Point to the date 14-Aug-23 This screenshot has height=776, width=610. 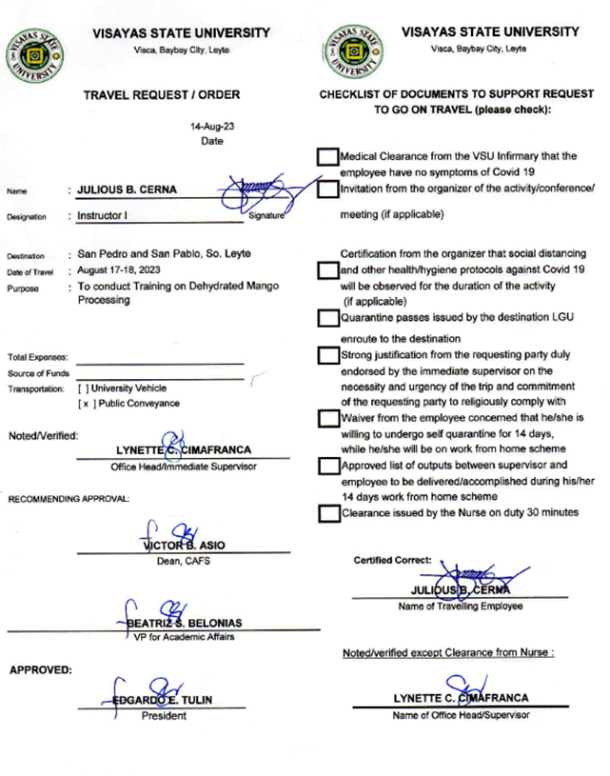tap(211, 126)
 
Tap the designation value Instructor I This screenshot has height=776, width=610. tap(104, 216)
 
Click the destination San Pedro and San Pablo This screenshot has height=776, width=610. tap(157, 255)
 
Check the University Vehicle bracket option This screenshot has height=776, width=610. tap(84, 388)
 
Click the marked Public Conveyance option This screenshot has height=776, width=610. tap(84, 404)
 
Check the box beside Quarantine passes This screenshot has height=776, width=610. tap(328, 319)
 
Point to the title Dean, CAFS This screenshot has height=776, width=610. tap(182, 561)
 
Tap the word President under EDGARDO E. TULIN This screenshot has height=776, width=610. tap(164, 715)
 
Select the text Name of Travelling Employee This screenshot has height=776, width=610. tap(460, 606)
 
